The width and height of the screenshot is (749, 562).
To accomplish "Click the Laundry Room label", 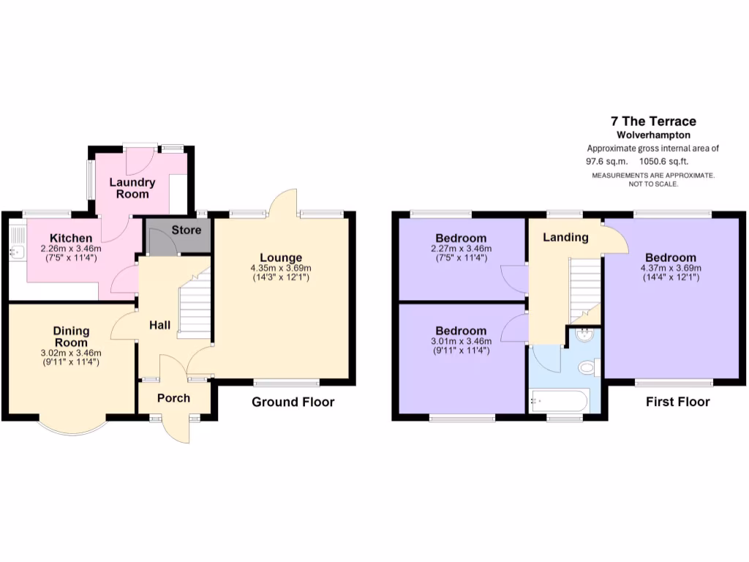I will [x=132, y=188].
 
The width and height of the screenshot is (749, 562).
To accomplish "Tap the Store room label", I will [x=186, y=230].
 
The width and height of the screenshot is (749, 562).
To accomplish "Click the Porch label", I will [x=174, y=398].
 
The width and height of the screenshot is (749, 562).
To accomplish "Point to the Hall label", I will [x=161, y=324].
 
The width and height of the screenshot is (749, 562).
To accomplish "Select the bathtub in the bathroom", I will [x=559, y=400].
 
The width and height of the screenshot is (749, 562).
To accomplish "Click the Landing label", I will [x=565, y=237].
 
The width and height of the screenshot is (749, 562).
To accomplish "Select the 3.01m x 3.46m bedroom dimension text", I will [x=461, y=341].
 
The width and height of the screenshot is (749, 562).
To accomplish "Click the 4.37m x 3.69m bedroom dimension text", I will [x=670, y=268].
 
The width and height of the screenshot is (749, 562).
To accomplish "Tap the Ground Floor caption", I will [x=293, y=402].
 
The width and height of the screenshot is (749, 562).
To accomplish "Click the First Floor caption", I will [x=677, y=402].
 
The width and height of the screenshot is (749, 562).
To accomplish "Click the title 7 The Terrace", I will [x=653, y=121].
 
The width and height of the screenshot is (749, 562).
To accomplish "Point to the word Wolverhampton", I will [x=653, y=135].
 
